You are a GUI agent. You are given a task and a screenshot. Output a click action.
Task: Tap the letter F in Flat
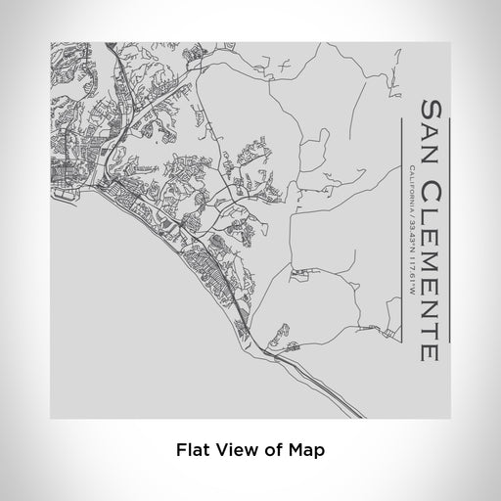179,451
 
